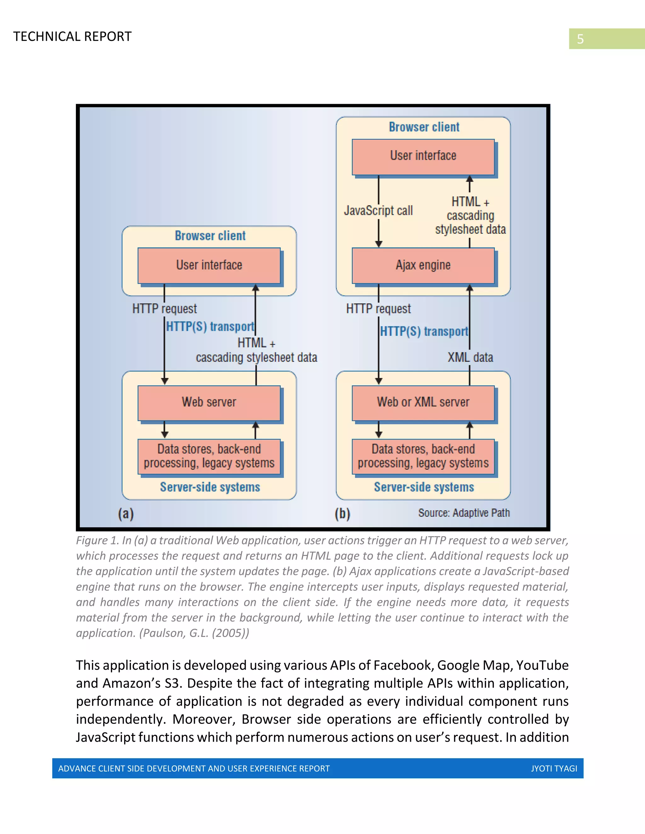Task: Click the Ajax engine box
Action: coord(423,265)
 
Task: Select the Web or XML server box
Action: coord(423,403)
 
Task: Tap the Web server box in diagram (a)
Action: coord(209,403)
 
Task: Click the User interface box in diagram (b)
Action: coord(423,156)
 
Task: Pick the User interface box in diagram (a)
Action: coord(209,265)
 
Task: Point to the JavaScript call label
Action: coord(378,211)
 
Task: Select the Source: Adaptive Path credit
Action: coord(464,513)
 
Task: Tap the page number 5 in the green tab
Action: coord(580,39)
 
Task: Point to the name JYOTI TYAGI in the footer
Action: coord(554,768)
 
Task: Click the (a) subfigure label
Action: coord(126,514)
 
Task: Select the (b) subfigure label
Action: coord(342,514)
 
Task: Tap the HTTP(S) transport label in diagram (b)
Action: coord(424,331)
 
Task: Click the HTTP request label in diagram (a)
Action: coord(164,308)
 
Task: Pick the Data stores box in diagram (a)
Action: coord(209,456)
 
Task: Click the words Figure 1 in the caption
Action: coord(97,540)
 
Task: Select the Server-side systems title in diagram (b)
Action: coord(424,487)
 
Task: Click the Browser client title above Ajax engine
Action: coord(424,127)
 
